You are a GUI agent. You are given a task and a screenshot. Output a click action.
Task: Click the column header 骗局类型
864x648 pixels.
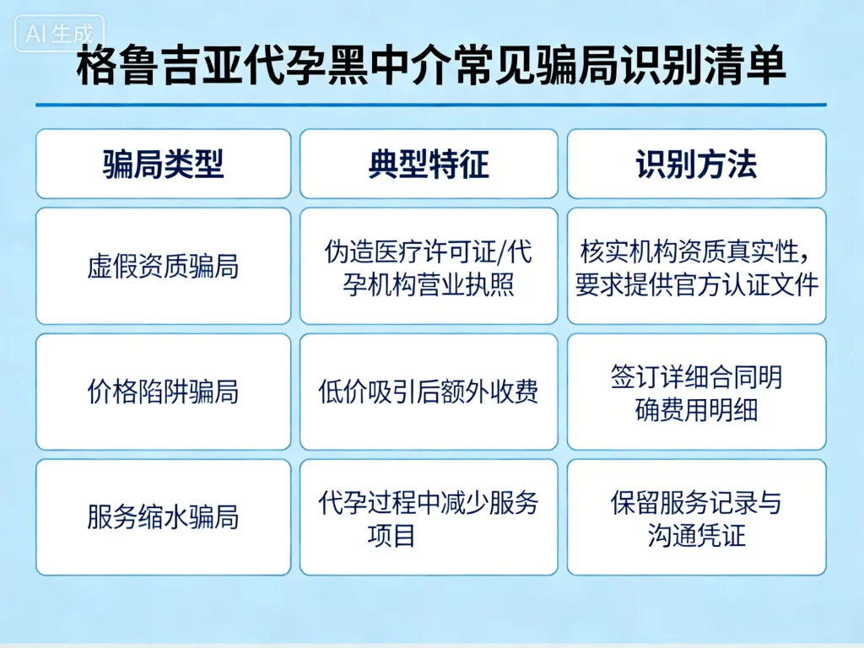click(x=163, y=164)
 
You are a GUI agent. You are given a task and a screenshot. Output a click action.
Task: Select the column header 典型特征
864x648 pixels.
click(x=429, y=164)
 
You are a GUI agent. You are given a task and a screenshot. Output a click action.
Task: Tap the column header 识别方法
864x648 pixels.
click(x=696, y=164)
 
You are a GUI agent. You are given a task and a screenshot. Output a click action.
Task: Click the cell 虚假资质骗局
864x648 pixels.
click(x=163, y=267)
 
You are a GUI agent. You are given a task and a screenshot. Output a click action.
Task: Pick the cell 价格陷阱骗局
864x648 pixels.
click(x=163, y=392)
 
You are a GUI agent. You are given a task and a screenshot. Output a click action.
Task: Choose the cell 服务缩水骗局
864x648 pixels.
click(x=163, y=517)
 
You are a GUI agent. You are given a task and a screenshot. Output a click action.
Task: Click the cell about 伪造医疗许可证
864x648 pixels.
click(x=429, y=267)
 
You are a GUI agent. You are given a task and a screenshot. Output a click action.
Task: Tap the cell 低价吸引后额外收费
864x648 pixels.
click(x=429, y=392)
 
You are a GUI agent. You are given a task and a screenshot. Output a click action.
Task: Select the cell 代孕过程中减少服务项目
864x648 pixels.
click(x=429, y=517)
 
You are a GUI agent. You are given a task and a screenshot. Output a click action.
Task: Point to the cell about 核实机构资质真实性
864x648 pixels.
click(x=696, y=267)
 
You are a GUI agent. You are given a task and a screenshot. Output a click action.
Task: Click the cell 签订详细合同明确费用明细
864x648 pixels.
click(x=696, y=392)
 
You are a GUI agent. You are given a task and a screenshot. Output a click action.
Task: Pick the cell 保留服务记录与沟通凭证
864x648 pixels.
click(x=696, y=517)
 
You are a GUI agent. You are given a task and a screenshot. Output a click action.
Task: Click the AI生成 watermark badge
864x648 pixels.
click(x=59, y=34)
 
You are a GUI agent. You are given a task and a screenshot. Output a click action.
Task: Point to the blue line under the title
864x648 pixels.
click(x=430, y=105)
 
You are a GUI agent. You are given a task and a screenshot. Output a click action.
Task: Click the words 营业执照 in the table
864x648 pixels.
click(x=467, y=284)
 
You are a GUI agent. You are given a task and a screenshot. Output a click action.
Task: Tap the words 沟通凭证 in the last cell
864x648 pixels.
click(x=697, y=535)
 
